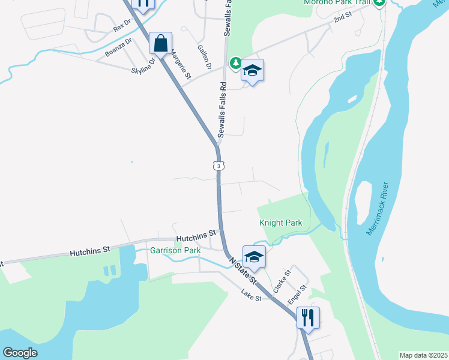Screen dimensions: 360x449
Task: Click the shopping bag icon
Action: point(160,43)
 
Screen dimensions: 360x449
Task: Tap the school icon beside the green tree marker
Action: point(253,71)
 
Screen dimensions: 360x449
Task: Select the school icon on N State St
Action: point(254,257)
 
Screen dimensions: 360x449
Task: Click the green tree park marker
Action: point(235,63)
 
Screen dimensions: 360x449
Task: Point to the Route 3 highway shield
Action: point(220,166)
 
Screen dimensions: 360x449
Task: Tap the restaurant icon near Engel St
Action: point(308,318)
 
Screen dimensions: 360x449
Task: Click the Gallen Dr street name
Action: point(204,56)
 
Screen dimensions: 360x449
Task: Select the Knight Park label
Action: point(281,223)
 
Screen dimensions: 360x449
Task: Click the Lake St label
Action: point(252,295)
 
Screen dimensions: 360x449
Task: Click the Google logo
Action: point(19,352)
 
